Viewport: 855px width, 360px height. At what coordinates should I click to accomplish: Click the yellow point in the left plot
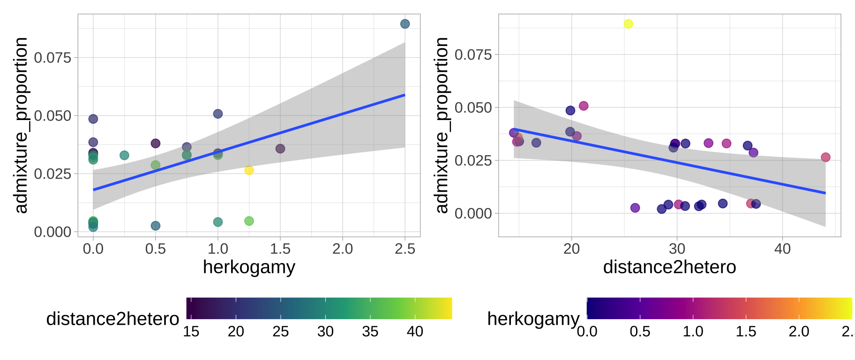[249, 170]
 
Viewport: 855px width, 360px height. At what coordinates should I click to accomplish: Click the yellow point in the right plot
[629, 24]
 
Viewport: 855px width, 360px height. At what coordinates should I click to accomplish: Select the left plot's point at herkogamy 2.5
[405, 24]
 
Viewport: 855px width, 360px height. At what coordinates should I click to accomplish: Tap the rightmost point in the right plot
[825, 157]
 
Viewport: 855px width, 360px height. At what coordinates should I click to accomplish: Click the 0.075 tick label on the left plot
[52, 58]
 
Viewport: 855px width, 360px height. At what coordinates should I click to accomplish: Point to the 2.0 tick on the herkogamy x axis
[343, 249]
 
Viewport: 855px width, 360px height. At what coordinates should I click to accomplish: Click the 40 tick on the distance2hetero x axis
[782, 249]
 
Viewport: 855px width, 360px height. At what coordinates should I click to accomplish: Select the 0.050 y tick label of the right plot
[473, 108]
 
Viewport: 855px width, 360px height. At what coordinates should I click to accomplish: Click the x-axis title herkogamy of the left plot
[249, 267]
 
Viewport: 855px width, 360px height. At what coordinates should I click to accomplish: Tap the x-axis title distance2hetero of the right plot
[669, 267]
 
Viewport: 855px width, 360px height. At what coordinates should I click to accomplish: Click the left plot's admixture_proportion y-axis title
[21, 125]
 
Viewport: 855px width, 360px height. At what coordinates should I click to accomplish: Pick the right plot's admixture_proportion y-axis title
[442, 125]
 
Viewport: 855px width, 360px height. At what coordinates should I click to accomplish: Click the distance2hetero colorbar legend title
[112, 319]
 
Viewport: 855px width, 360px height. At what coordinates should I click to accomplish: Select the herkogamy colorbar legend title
[533, 319]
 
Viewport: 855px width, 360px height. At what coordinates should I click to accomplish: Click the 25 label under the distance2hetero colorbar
[280, 332]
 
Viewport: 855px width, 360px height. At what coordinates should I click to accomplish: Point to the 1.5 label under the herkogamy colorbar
[746, 332]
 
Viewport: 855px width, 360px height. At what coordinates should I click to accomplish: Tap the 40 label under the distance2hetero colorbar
[415, 332]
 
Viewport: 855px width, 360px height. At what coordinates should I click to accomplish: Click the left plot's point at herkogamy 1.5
[280, 149]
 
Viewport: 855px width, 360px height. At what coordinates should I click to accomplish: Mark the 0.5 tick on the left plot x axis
[155, 249]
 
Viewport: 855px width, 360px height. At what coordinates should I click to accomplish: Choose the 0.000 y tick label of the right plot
[473, 214]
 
